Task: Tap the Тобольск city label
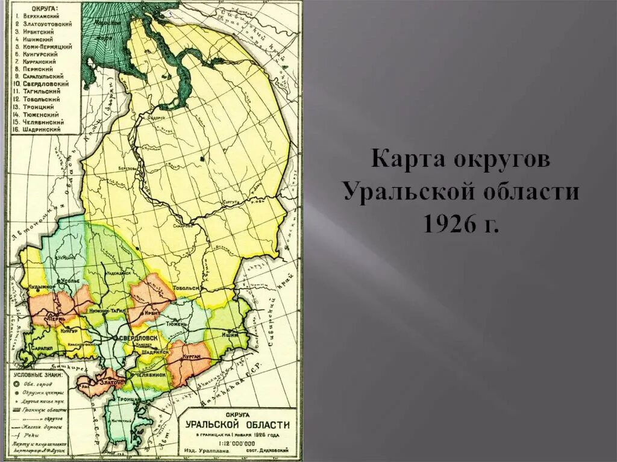point(186,289)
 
